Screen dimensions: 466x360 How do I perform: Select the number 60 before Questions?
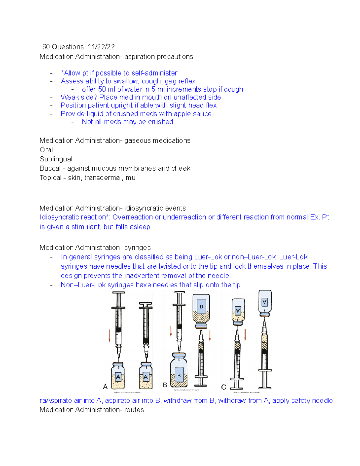coord(46,47)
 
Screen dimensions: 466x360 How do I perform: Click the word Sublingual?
coord(56,159)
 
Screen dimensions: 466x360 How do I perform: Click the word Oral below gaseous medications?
coord(46,150)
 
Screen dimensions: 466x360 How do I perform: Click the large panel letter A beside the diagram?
coord(105,387)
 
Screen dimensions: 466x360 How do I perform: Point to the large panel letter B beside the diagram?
coord(165,385)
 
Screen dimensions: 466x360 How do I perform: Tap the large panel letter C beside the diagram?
coord(223,387)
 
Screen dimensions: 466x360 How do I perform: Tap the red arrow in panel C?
coord(245,335)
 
